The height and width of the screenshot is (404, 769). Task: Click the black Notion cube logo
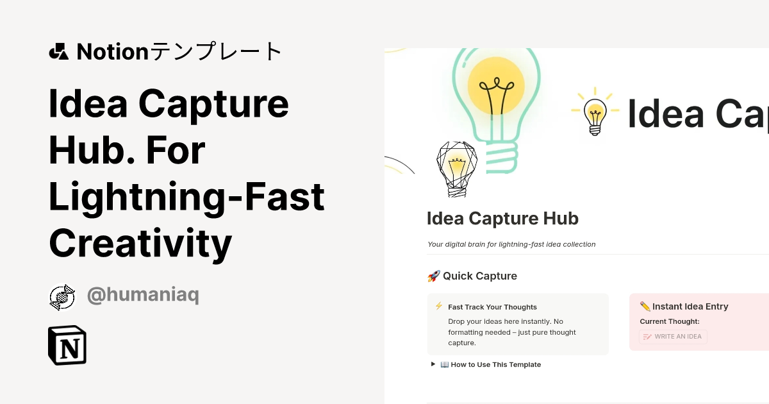point(67,345)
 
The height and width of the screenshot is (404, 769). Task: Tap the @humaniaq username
point(142,296)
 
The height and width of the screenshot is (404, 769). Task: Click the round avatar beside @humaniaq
point(62,297)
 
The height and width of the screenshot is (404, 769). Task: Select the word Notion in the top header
point(112,51)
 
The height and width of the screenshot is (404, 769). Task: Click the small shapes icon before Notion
point(58,51)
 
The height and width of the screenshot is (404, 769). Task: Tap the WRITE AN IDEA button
point(673,337)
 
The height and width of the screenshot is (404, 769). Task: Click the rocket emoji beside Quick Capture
point(433,276)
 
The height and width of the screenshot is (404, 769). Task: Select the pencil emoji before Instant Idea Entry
point(645,307)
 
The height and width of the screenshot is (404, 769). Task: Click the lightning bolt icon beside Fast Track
point(439,307)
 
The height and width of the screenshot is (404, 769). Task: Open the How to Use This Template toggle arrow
point(434,364)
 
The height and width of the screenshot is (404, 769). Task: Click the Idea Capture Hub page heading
point(502,219)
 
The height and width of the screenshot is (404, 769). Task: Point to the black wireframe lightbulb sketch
point(456,169)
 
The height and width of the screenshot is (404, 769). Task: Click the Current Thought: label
point(669,321)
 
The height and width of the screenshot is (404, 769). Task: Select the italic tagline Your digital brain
point(511,244)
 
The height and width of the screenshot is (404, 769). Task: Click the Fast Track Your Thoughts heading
point(492,307)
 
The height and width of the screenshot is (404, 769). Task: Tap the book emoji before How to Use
point(445,364)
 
